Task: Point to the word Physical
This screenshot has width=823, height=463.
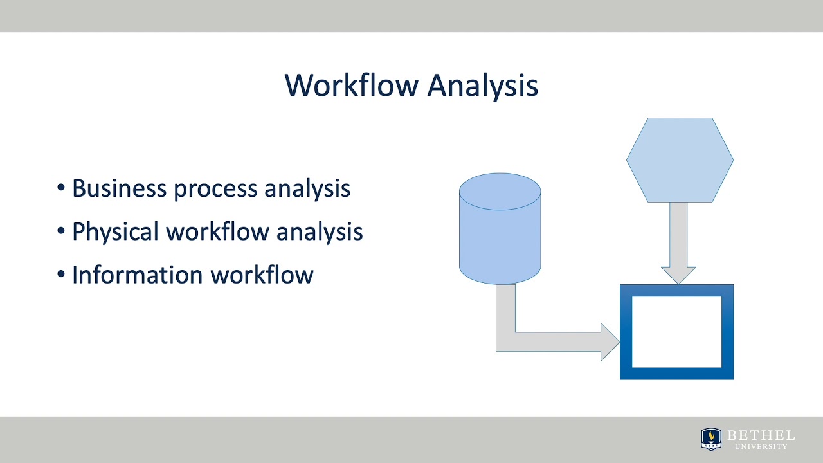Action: click(116, 232)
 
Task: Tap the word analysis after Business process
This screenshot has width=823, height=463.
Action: click(307, 189)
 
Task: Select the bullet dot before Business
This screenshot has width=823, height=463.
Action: click(61, 188)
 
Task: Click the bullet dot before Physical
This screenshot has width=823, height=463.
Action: click(61, 231)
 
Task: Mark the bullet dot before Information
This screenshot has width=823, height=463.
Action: click(61, 274)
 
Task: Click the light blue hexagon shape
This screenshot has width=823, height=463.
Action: click(680, 159)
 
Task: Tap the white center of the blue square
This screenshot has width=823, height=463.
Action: click(676, 332)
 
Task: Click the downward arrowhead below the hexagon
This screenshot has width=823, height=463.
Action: click(678, 275)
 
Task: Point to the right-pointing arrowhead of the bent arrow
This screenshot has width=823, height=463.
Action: click(609, 341)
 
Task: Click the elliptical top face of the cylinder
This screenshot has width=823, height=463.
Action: click(500, 191)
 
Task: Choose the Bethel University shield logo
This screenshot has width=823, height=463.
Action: click(710, 439)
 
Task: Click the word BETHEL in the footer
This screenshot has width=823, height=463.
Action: click(761, 435)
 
